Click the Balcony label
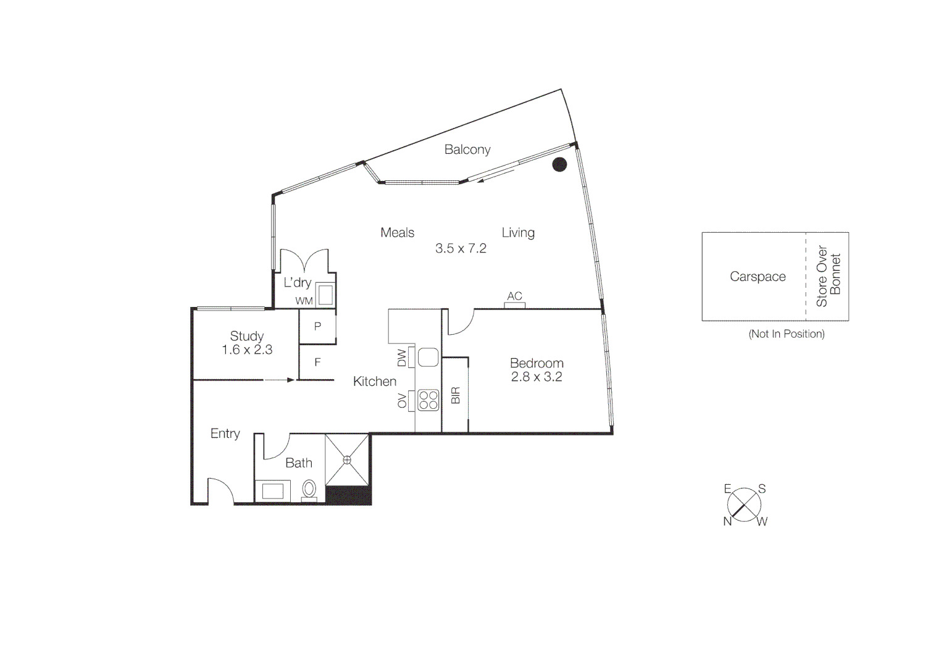(x=467, y=149)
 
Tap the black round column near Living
(x=559, y=164)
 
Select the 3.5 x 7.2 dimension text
(x=461, y=248)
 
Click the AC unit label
(x=514, y=296)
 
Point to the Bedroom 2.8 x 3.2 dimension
(x=537, y=377)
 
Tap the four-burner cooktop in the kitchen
(x=428, y=400)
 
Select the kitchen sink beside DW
(x=428, y=358)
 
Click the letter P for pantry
(x=317, y=326)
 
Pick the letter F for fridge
(x=317, y=363)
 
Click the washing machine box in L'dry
(x=325, y=294)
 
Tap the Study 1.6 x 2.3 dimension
(x=247, y=350)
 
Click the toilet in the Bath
(x=309, y=489)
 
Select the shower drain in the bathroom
(x=347, y=459)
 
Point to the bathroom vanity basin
(x=273, y=491)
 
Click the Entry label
(x=225, y=434)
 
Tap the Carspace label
(x=758, y=277)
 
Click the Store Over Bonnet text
(x=829, y=276)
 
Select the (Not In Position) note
(x=787, y=334)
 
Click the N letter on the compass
(x=727, y=521)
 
